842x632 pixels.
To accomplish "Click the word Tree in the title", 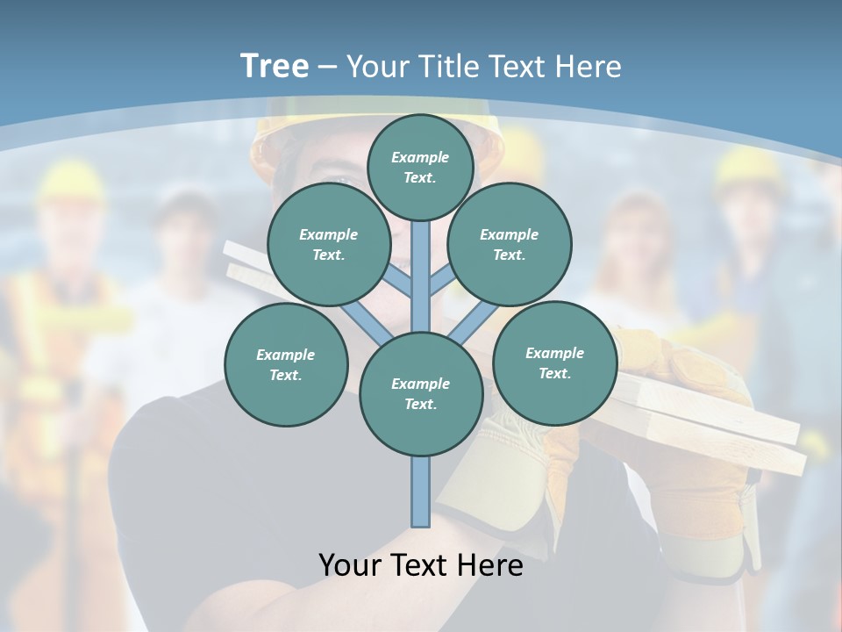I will click(275, 67).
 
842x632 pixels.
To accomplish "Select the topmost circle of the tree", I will click(420, 167).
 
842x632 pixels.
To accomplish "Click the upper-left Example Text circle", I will click(329, 244).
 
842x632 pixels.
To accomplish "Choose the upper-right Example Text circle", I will click(510, 244).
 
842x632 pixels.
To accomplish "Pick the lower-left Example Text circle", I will click(286, 364).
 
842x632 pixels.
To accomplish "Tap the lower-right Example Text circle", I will click(555, 363).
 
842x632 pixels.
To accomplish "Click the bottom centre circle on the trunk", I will click(421, 393).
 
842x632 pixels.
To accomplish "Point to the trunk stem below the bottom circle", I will click(421, 492).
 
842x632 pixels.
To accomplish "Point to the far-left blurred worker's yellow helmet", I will click(70, 180).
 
